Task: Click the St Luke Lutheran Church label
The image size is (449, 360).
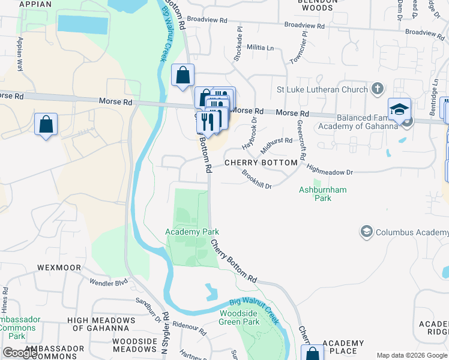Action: [x=322, y=90]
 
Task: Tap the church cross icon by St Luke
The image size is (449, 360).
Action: [x=378, y=89]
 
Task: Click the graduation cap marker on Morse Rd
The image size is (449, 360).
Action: [x=399, y=110]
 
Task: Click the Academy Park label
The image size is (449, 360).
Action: [x=192, y=232]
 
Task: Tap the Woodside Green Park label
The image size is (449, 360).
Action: [x=240, y=317]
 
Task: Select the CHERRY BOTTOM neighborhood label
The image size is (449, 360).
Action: [x=261, y=163]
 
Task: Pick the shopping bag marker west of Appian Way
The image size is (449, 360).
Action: [x=46, y=125]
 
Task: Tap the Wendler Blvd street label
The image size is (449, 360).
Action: [x=109, y=281]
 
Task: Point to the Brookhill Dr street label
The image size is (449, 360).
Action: [x=257, y=179]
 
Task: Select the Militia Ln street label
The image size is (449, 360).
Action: [x=261, y=47]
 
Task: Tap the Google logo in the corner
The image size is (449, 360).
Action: [x=20, y=353]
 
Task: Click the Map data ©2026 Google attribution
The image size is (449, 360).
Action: [x=412, y=355]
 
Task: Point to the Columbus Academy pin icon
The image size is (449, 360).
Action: [x=366, y=232]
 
